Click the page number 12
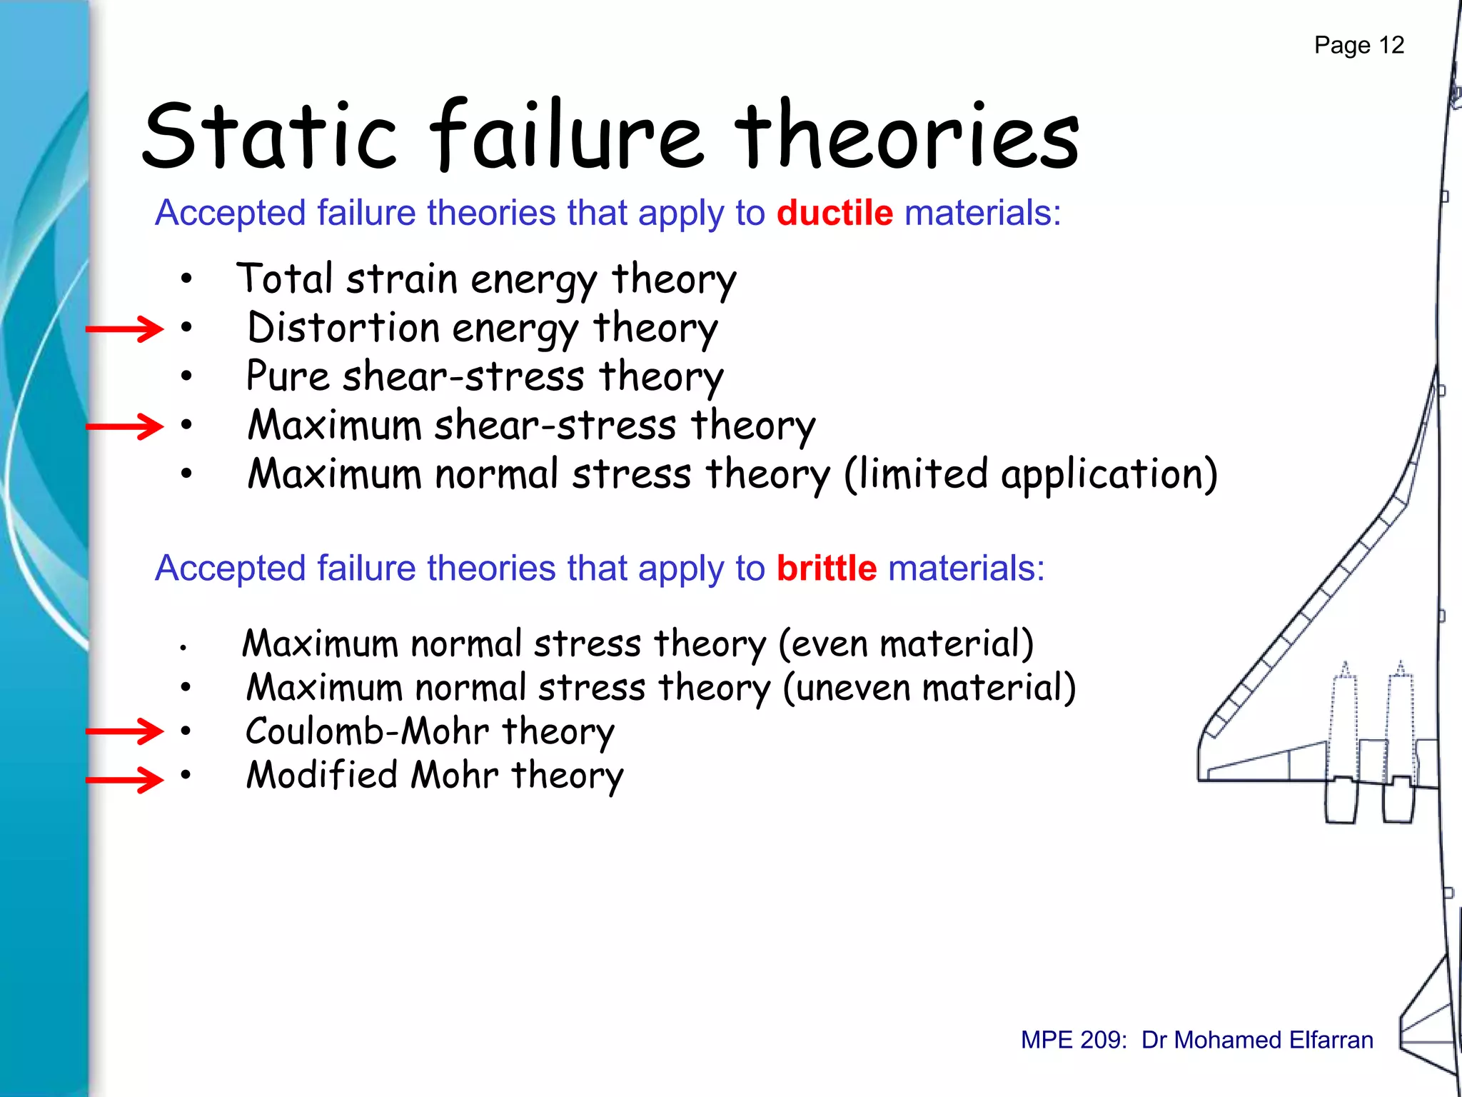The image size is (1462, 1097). point(1391,46)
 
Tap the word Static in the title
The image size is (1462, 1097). point(269,136)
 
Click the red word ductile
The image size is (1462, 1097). point(834,214)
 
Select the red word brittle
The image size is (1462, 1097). point(826,569)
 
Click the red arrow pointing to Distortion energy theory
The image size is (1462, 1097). point(124,329)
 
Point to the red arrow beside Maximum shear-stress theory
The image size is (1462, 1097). point(124,427)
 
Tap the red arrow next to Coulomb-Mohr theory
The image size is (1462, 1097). point(124,731)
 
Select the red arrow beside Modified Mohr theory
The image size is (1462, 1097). point(124,780)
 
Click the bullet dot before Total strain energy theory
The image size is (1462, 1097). point(186,279)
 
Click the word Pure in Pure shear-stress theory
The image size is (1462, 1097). point(287,376)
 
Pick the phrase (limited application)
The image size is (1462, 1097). point(1030,475)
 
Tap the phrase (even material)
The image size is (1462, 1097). point(905,644)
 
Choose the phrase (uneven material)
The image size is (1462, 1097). point(929,688)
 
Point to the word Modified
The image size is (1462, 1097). point(321,776)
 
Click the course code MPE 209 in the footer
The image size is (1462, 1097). point(1073,1040)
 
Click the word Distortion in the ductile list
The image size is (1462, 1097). point(343,329)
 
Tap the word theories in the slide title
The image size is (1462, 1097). point(907,136)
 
